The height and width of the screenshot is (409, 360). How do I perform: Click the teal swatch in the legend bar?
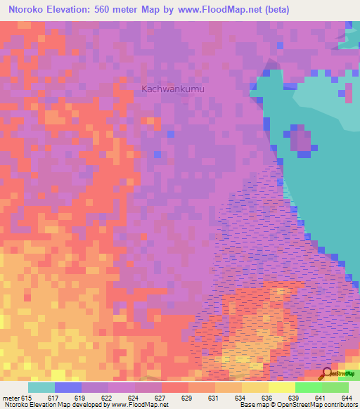pyautogui.click(x=41, y=387)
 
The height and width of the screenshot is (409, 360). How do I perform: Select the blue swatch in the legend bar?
pyautogui.click(x=68, y=387)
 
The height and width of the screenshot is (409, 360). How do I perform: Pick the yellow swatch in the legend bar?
pyautogui.click(x=281, y=387)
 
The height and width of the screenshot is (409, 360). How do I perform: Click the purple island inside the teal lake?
pyautogui.click(x=302, y=139)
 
